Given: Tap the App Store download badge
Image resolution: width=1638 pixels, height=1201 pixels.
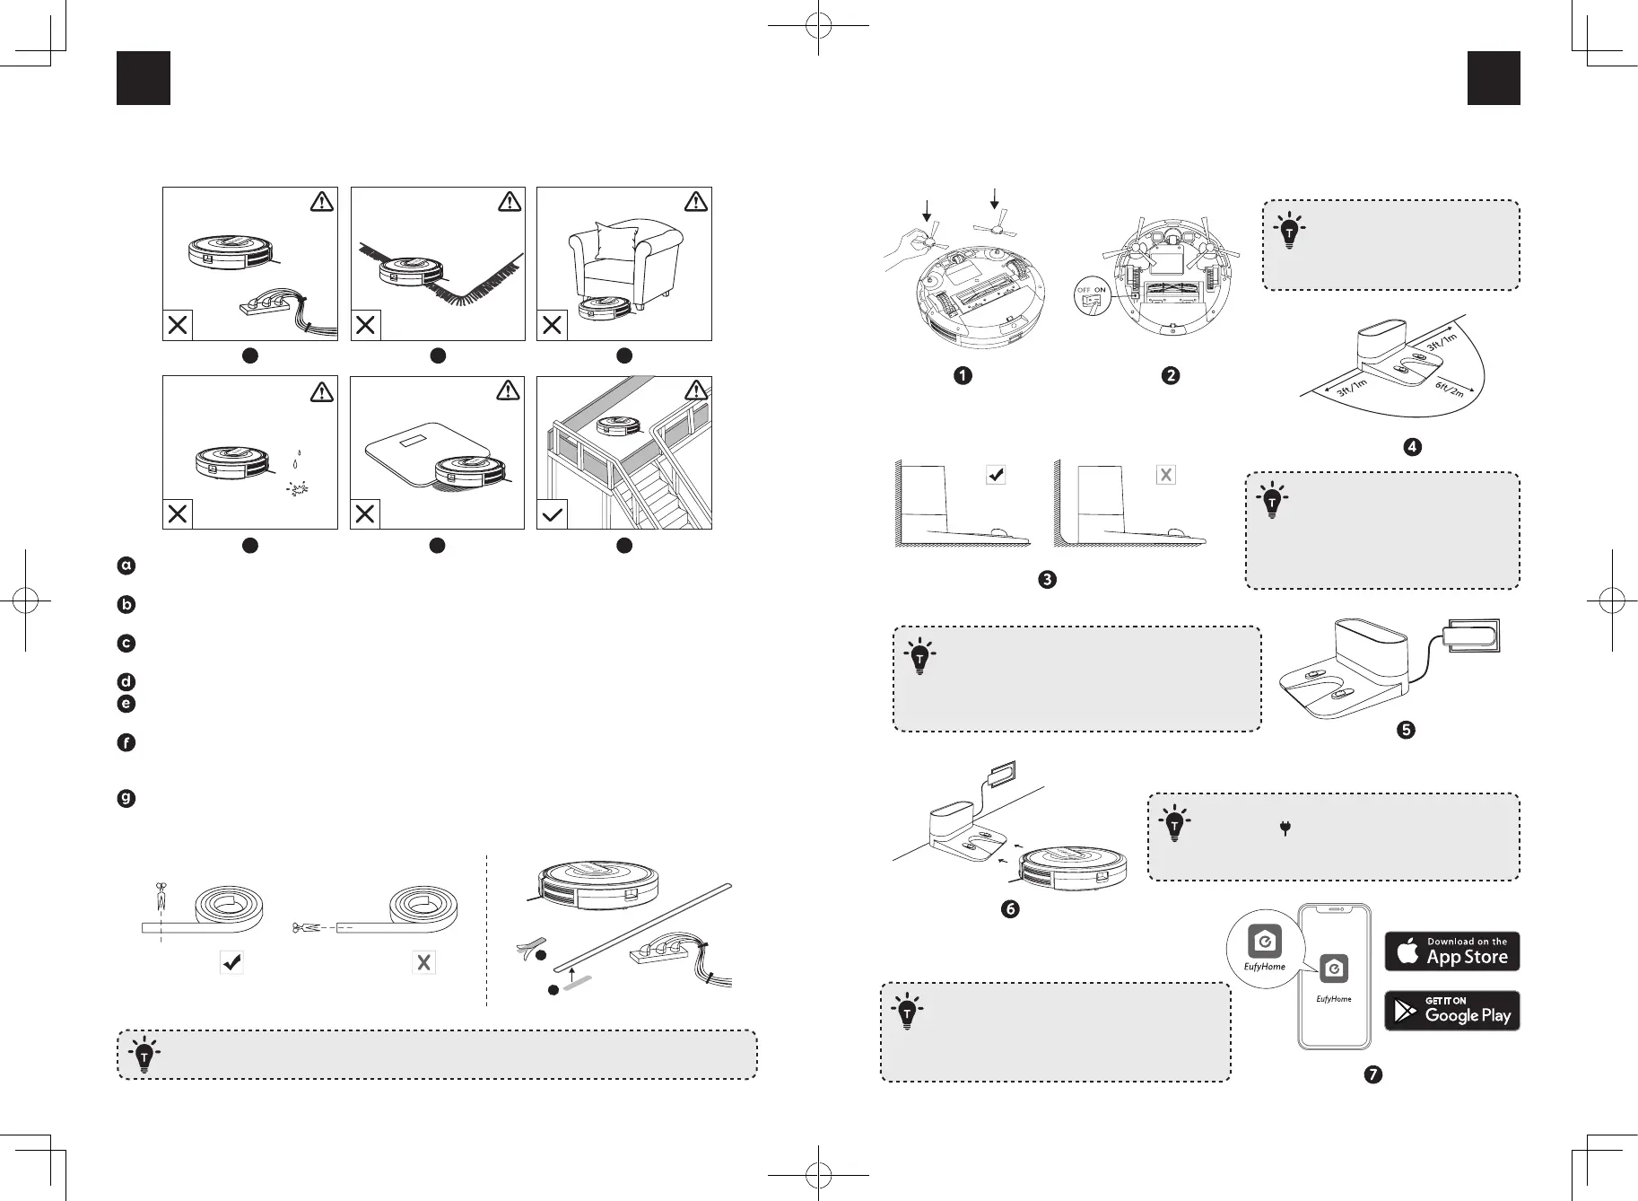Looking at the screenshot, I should pyautogui.click(x=1451, y=951).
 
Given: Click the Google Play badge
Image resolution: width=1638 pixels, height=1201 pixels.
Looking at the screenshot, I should pyautogui.click(x=1451, y=1011).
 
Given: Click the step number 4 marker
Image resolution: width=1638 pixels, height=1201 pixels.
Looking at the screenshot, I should pyautogui.click(x=1413, y=446).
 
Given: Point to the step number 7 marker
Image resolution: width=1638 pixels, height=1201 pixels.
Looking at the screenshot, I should pyautogui.click(x=1372, y=1074).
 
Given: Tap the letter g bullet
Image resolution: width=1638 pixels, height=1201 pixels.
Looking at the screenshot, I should pyautogui.click(x=126, y=798).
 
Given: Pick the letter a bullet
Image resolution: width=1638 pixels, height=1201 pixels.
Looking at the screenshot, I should pyautogui.click(x=126, y=565).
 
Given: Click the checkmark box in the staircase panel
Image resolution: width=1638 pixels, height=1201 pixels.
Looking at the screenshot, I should pyautogui.click(x=553, y=514).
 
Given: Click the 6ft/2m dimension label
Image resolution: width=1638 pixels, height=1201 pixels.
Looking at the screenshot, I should pyautogui.click(x=1449, y=387).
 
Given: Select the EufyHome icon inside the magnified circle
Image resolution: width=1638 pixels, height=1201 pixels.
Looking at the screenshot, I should pyautogui.click(x=1264, y=942).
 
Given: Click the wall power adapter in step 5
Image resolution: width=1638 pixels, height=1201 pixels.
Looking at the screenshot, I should pyautogui.click(x=1471, y=636).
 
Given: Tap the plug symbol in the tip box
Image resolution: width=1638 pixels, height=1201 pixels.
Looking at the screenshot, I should pyautogui.click(x=1285, y=828).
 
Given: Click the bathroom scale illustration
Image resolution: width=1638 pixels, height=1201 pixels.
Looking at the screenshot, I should pyautogui.click(x=421, y=453).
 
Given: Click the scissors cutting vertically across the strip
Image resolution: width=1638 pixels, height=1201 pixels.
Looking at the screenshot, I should pyautogui.click(x=161, y=894).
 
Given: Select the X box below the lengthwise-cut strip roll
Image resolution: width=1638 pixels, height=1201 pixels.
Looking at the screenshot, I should pyautogui.click(x=423, y=962).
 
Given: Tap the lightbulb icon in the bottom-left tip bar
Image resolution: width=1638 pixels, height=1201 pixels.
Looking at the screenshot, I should pyautogui.click(x=144, y=1055).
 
